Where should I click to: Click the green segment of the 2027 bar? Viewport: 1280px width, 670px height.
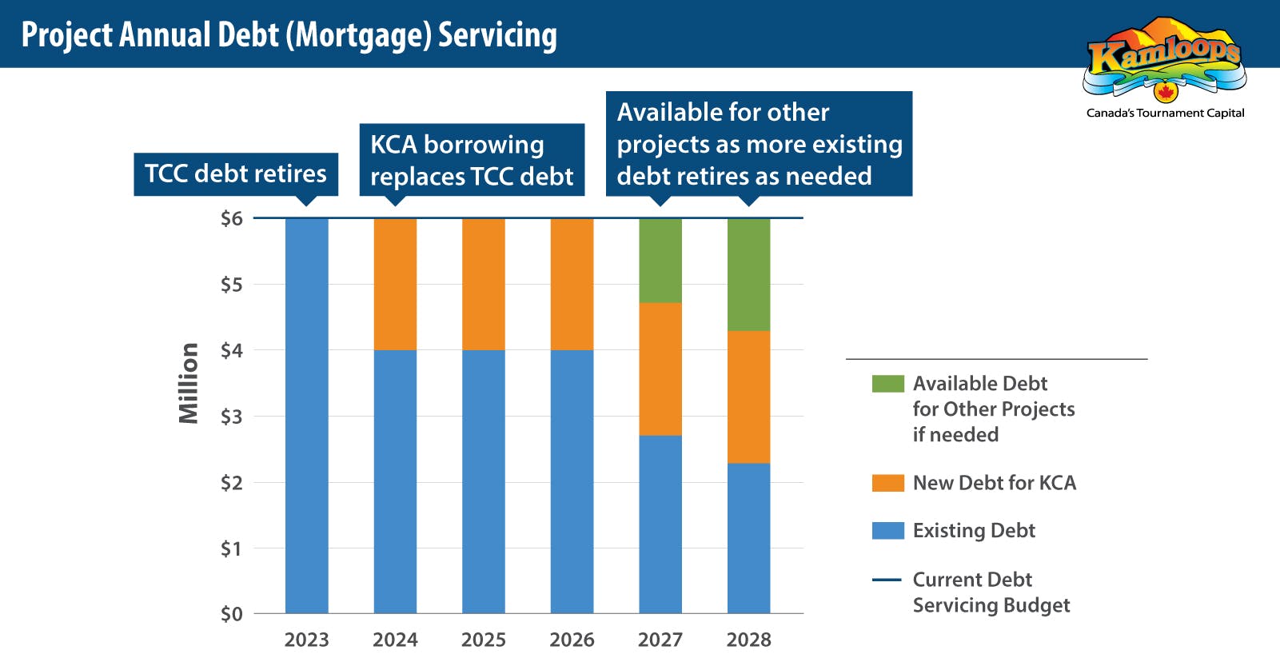pos(660,261)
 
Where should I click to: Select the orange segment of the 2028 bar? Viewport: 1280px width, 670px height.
pos(748,397)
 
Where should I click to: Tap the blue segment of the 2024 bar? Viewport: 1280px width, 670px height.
pos(395,481)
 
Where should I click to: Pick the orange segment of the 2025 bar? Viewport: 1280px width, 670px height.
pos(484,284)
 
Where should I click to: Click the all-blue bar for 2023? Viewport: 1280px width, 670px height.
pos(307,417)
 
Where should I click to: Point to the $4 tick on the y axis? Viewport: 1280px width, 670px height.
pos(231,350)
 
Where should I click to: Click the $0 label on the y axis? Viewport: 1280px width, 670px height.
pos(231,614)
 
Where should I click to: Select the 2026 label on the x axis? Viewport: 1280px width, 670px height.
pos(572,640)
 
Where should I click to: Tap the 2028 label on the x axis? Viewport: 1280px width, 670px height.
pos(748,640)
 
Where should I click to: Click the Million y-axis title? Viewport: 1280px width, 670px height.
pos(189,383)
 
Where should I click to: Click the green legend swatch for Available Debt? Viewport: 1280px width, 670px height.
pos(888,384)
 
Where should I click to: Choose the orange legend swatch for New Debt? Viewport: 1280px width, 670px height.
pos(888,483)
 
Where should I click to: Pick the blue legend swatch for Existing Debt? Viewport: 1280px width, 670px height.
pos(888,531)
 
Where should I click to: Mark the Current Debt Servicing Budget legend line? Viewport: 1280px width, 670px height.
pos(887,580)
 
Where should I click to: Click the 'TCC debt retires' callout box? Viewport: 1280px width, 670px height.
pos(236,174)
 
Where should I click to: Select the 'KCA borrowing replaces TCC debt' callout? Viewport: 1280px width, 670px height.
pos(472,160)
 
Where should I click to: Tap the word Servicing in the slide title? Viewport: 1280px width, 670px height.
pos(497,35)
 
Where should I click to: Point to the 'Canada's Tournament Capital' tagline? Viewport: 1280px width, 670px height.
pos(1165,113)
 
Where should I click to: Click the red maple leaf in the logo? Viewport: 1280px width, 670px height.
pos(1165,91)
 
